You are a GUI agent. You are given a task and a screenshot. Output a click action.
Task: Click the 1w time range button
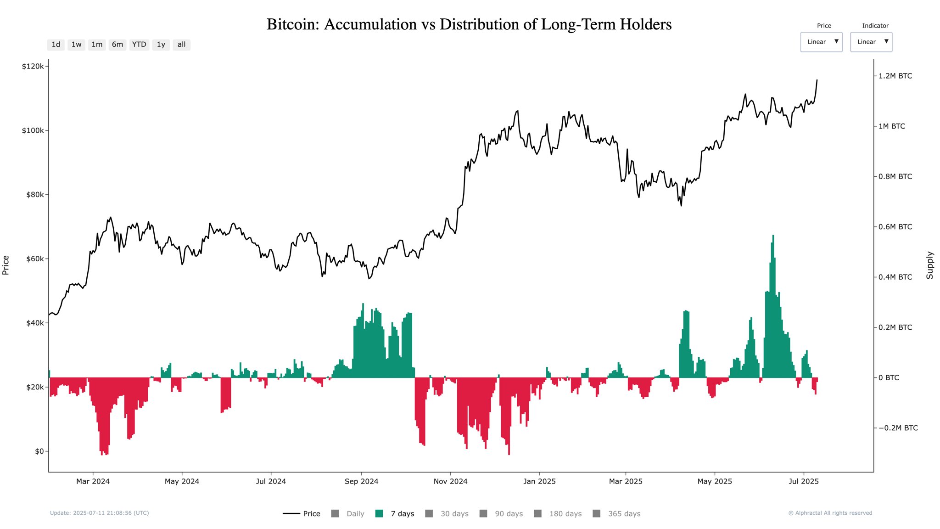(x=76, y=45)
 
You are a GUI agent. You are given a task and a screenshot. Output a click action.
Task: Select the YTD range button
(x=139, y=45)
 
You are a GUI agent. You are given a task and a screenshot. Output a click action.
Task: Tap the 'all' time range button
(x=181, y=45)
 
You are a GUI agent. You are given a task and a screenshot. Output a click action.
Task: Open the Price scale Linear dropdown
(x=821, y=42)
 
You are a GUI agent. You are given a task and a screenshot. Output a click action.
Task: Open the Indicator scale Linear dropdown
(x=871, y=42)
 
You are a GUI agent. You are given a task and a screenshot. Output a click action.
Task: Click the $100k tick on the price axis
(x=33, y=130)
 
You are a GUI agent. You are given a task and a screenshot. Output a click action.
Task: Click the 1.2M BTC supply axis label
(x=895, y=76)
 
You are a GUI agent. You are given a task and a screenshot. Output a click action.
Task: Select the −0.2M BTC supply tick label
(x=898, y=428)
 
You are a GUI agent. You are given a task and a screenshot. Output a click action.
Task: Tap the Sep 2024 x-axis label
(x=361, y=481)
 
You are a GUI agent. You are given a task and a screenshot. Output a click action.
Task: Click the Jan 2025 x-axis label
(x=539, y=481)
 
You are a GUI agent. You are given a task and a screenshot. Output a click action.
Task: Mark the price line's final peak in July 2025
(x=817, y=80)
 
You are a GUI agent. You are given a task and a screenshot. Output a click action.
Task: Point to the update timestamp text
(x=99, y=513)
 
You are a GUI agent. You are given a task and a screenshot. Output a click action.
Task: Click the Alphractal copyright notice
(x=830, y=513)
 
